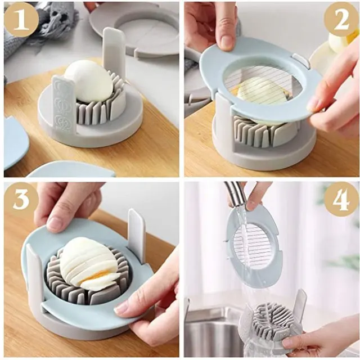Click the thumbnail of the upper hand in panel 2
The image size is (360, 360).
(226, 41)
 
